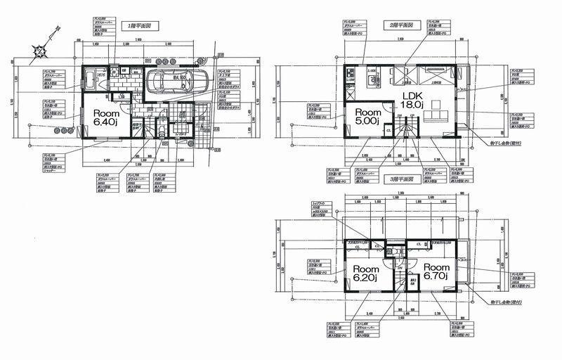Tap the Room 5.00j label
pyautogui.click(x=367, y=117)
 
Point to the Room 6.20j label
pyautogui.click(x=367, y=273)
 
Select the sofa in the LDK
pyautogui.click(x=436, y=117)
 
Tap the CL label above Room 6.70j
pyautogui.click(x=419, y=244)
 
